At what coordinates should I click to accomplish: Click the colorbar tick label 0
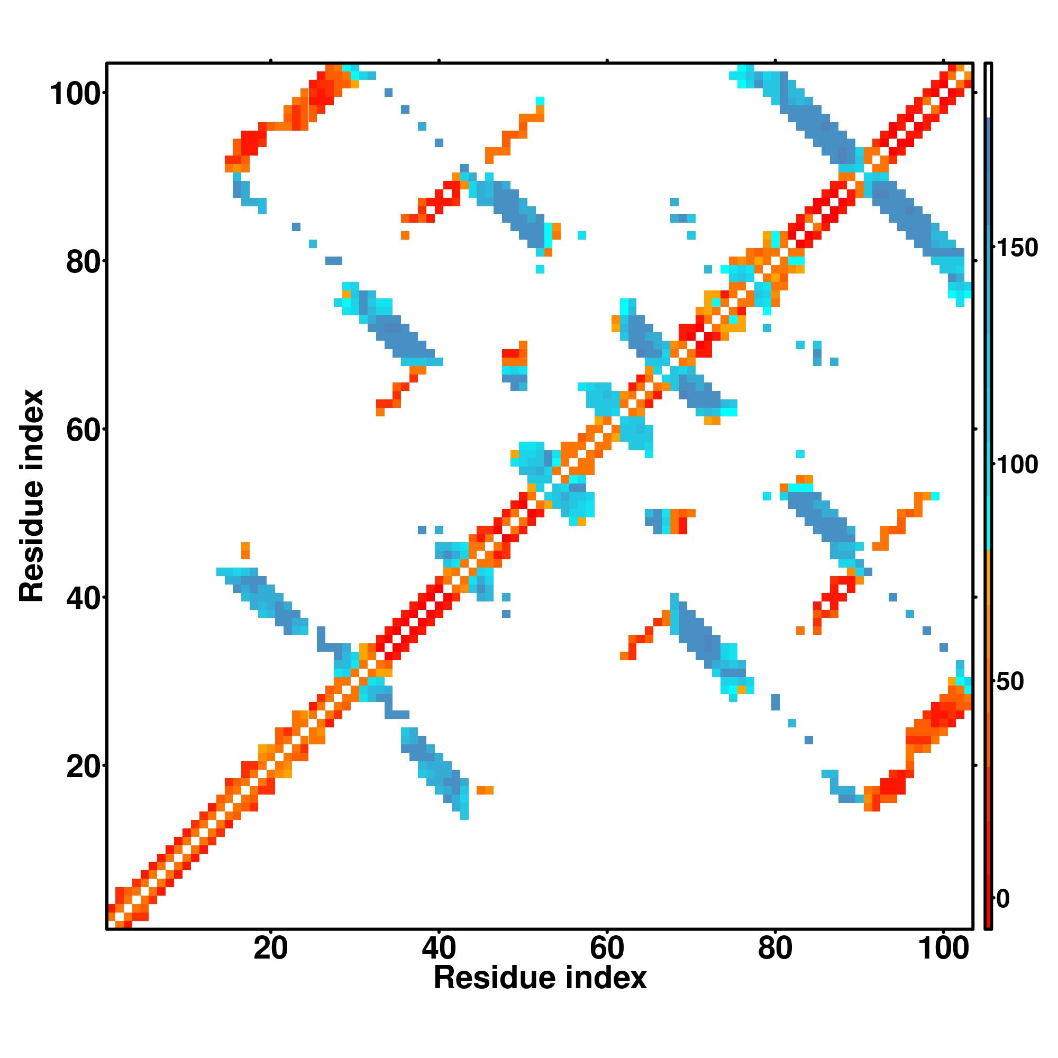click(1002, 899)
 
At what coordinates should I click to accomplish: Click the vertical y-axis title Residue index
click(32, 496)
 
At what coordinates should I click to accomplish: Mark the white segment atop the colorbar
click(989, 91)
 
